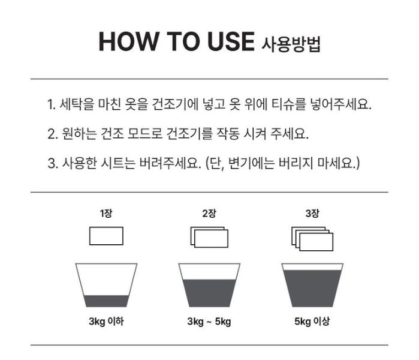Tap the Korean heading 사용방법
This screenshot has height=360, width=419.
click(291, 44)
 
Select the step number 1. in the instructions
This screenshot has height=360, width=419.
click(52, 104)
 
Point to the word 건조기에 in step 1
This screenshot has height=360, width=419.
click(175, 104)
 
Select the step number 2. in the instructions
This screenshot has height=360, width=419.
click(53, 133)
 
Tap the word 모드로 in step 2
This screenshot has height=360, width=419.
click(145, 133)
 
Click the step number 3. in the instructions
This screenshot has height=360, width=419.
click(53, 163)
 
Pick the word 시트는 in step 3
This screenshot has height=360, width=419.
click(118, 163)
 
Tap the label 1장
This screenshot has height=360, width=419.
click(106, 213)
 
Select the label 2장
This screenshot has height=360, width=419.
click(209, 213)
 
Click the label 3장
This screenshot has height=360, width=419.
click(312, 213)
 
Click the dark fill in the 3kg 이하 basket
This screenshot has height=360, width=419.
click(106, 301)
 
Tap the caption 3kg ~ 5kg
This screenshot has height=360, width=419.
click(209, 321)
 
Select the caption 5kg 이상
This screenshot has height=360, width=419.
click(312, 321)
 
